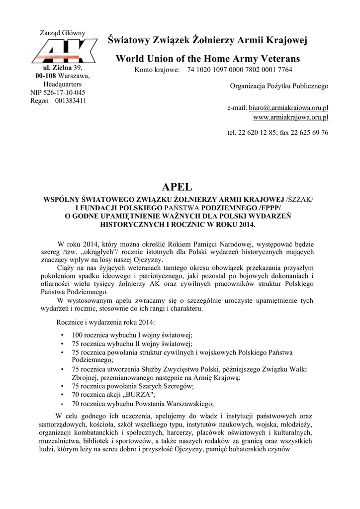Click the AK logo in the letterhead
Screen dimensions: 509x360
(x=62, y=51)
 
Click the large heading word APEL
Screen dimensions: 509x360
(x=177, y=187)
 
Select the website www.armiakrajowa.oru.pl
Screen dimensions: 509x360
(x=290, y=117)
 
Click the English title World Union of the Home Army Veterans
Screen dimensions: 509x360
(x=208, y=59)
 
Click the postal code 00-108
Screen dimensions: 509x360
(x=46, y=76)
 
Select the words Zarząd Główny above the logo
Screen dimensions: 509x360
(x=62, y=33)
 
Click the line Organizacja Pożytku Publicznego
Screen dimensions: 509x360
(x=279, y=86)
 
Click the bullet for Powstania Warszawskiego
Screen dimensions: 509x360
(x=62, y=404)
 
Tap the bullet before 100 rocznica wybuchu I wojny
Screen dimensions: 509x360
(x=62, y=336)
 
